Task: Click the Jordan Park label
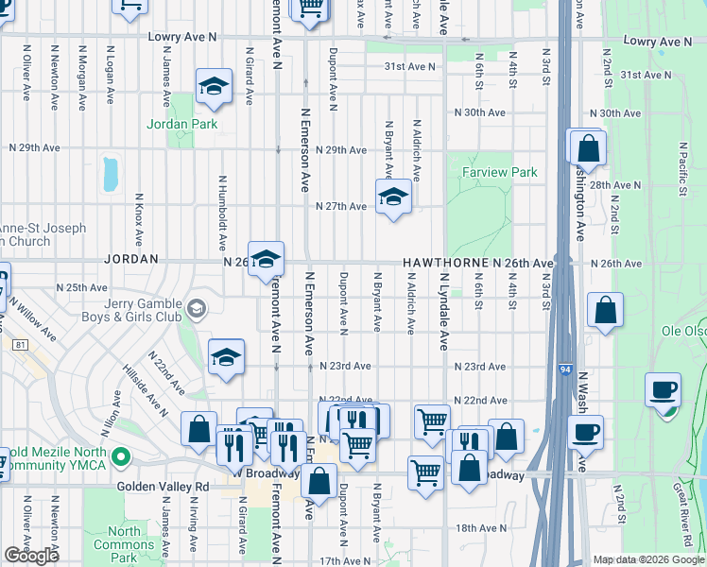[x=181, y=124]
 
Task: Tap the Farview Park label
[x=499, y=172]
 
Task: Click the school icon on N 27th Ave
[x=393, y=198]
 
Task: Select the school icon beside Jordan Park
[x=215, y=88]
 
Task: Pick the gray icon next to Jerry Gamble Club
[x=197, y=307]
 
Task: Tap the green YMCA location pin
[x=119, y=457]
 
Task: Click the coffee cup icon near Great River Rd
[x=663, y=389]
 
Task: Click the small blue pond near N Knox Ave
[x=111, y=174]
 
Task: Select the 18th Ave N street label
[x=481, y=528]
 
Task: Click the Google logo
[x=31, y=556]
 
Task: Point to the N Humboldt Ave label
[x=222, y=203]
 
